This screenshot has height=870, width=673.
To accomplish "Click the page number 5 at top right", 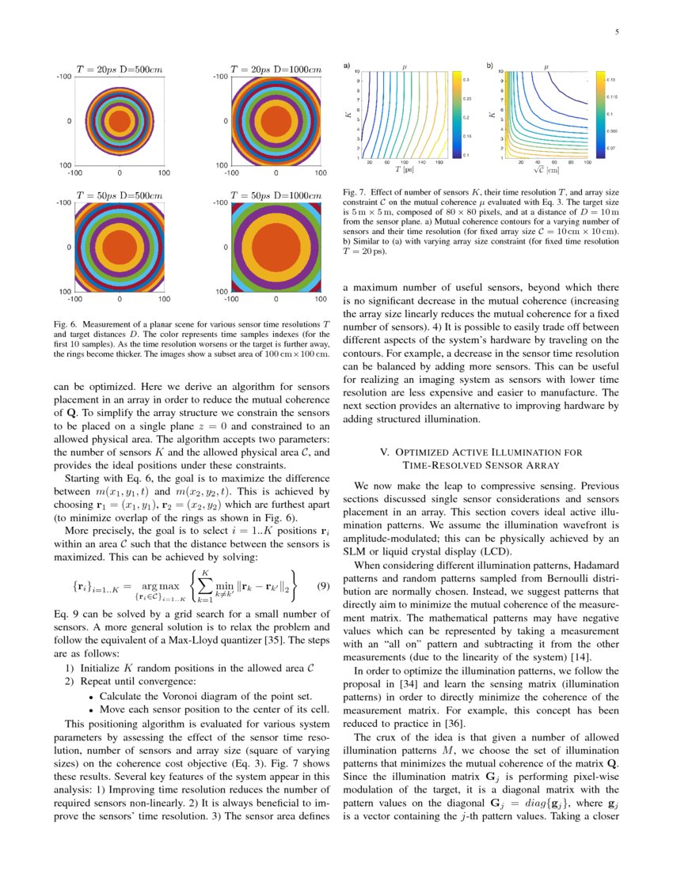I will (616, 32).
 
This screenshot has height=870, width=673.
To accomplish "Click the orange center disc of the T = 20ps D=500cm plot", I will (120, 121).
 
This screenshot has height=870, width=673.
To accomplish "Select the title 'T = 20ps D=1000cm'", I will (276, 69).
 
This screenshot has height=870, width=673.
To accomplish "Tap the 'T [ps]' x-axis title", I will (404, 169).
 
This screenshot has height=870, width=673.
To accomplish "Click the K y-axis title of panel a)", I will (348, 115).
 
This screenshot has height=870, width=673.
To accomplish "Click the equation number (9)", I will (322, 586).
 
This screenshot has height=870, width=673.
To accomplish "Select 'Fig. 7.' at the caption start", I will (356, 192).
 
